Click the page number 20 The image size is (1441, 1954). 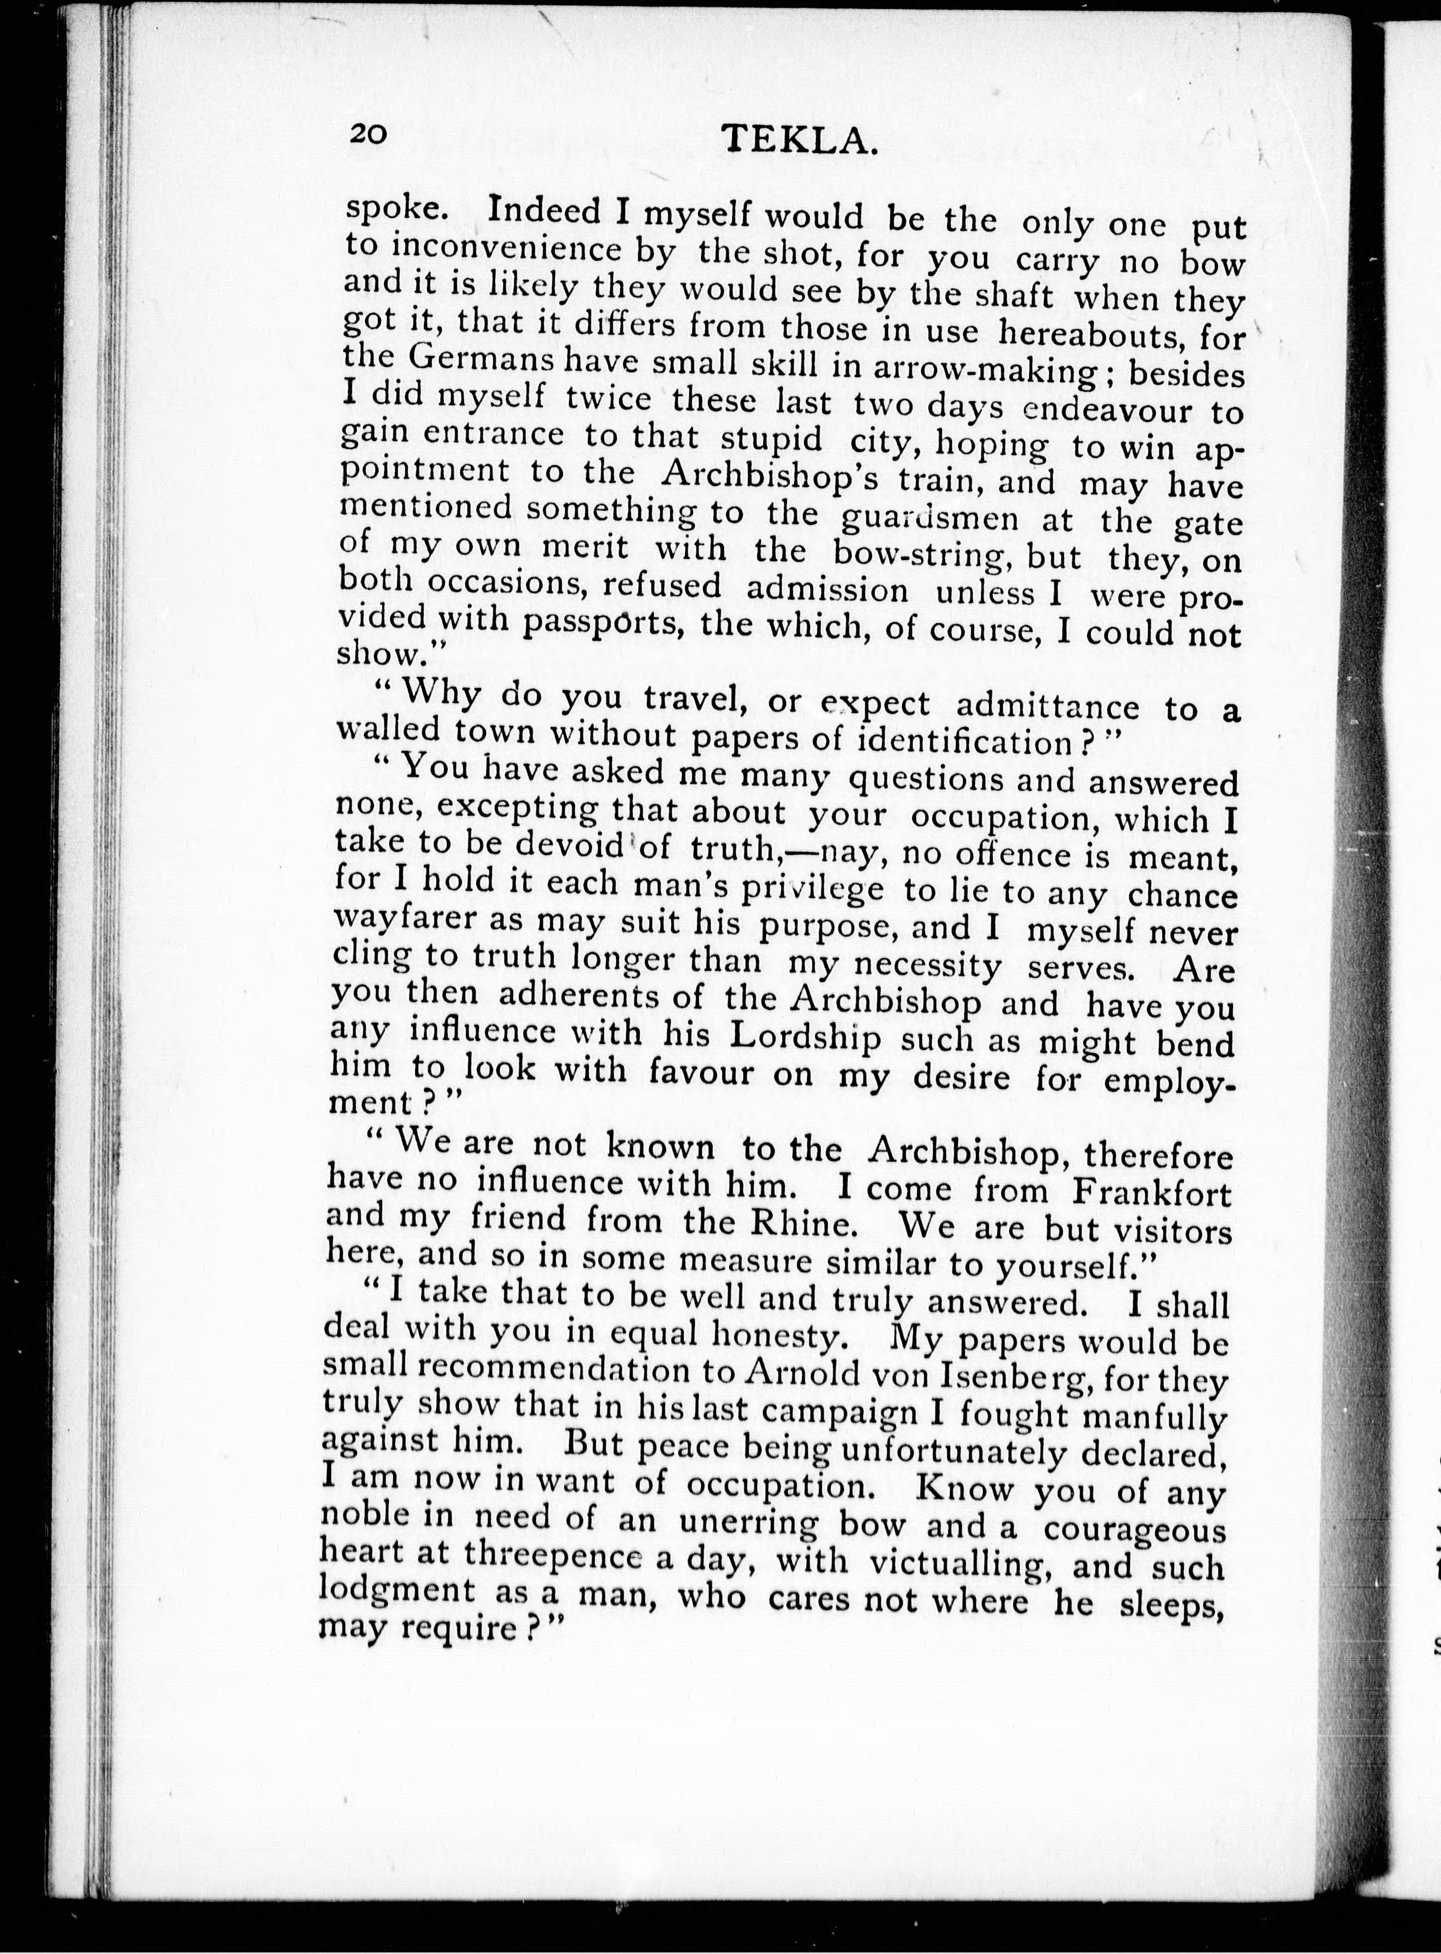(367, 134)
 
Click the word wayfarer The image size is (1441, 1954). (405, 921)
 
